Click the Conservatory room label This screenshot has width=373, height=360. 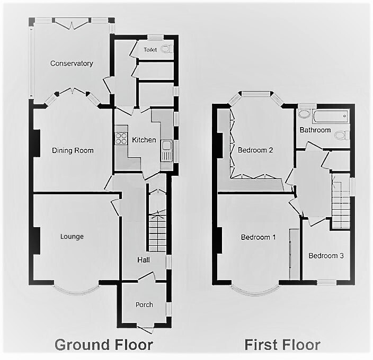72,64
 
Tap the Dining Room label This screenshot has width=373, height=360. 73,150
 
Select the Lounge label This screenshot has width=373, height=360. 72,237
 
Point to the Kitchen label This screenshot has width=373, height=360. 144,140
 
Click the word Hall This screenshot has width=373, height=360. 144,260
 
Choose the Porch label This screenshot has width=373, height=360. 144,304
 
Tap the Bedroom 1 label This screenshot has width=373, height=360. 258,237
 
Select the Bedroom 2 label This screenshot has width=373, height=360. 255,150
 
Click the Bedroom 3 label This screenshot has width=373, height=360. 326,256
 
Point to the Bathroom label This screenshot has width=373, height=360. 315,130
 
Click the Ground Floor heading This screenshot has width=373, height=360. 104,345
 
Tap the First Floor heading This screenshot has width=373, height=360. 282,345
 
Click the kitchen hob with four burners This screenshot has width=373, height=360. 121,138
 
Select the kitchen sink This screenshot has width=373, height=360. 166,151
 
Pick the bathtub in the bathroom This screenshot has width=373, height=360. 331,116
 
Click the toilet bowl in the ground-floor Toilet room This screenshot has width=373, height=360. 166,49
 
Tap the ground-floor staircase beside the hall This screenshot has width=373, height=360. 157,231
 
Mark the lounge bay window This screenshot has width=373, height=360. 76,289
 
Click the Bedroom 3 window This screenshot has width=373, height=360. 326,282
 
